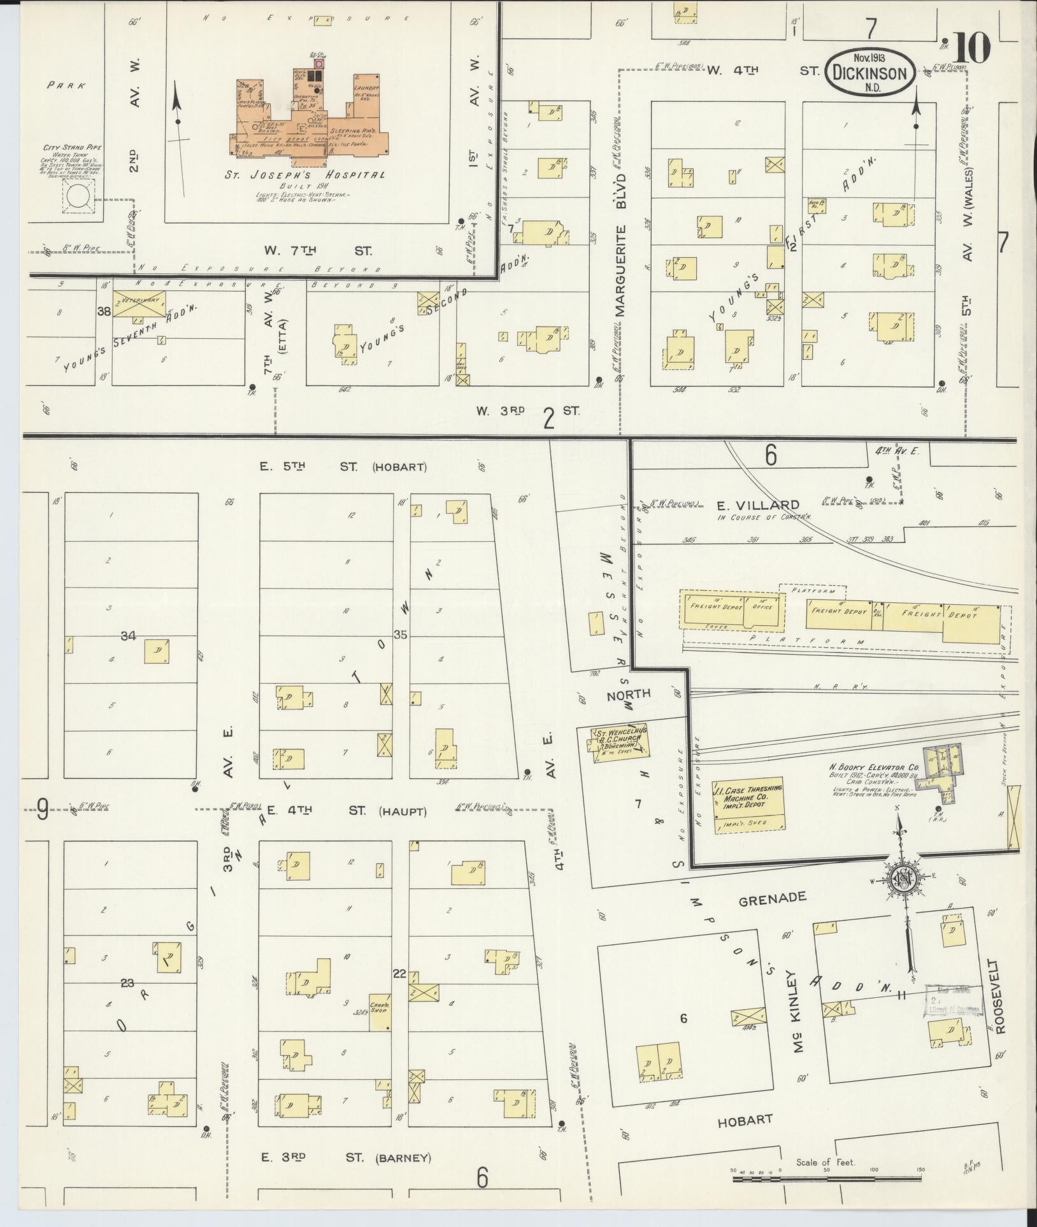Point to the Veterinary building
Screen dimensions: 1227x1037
click(139, 303)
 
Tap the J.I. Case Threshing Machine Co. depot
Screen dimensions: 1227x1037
click(748, 804)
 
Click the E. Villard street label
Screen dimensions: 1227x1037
click(758, 506)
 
